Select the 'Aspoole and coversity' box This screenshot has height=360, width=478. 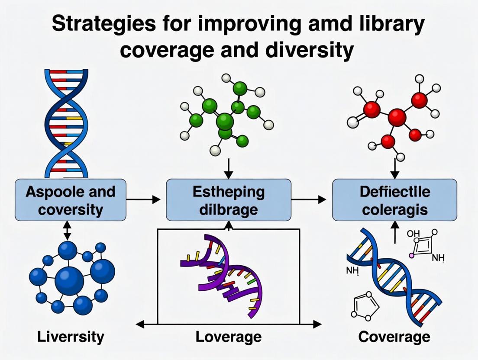tap(71, 200)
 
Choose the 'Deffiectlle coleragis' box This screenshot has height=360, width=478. tap(394, 200)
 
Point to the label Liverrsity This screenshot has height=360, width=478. tap(71, 337)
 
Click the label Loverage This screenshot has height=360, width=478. tap(229, 337)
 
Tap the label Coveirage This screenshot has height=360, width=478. tap(394, 337)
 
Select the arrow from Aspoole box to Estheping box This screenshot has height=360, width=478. tap(143, 199)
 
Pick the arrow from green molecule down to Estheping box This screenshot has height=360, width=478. tap(229, 169)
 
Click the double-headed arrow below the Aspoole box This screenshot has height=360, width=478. tap(67, 230)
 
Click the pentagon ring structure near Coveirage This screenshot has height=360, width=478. tap(363, 306)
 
